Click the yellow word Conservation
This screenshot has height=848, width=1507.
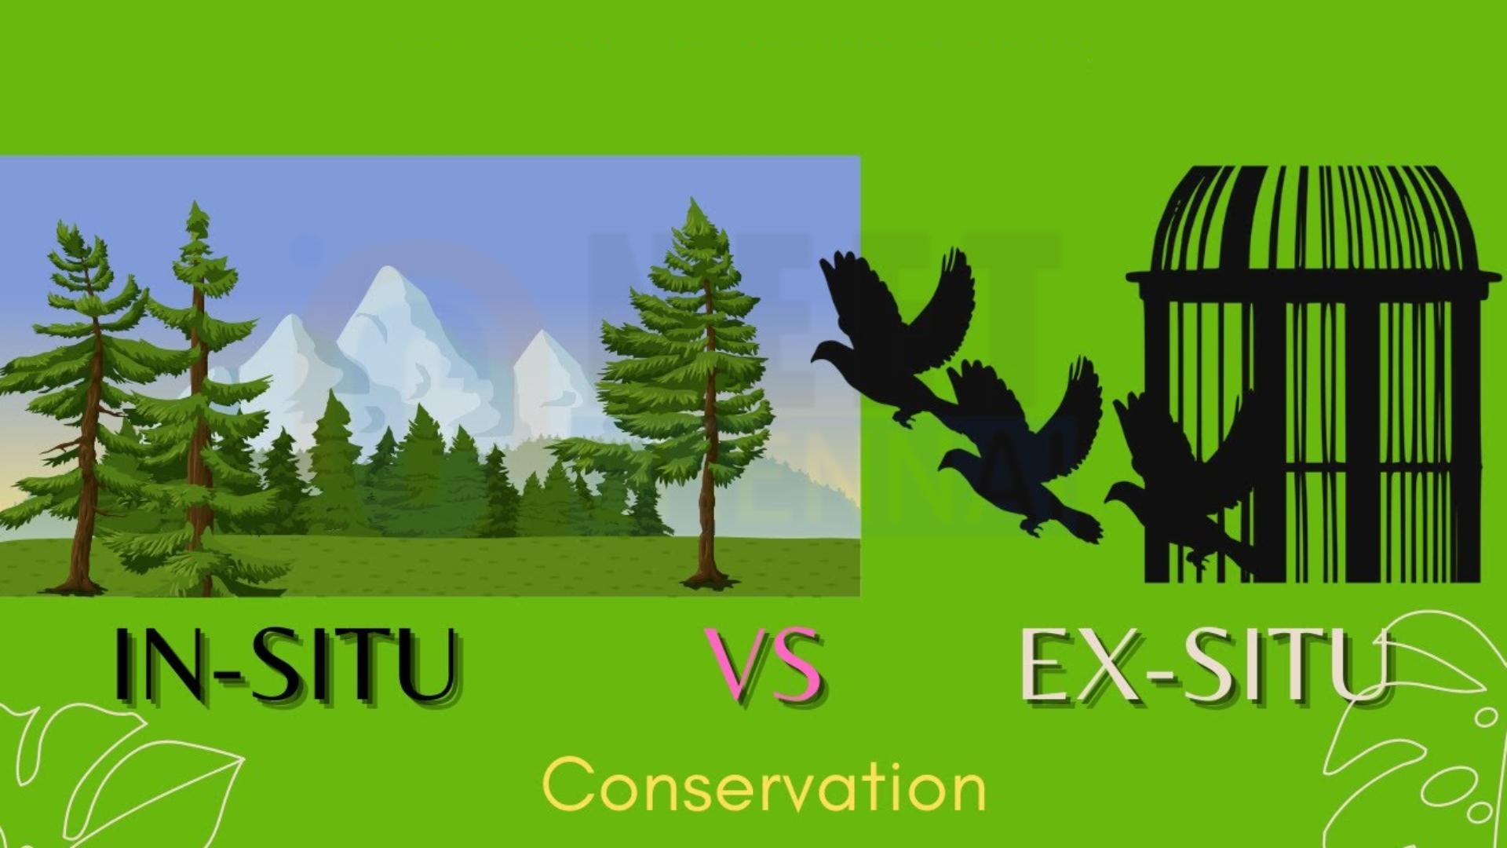(764, 785)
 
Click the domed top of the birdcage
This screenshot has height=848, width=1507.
(1312, 220)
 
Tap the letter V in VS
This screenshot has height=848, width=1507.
(735, 664)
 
